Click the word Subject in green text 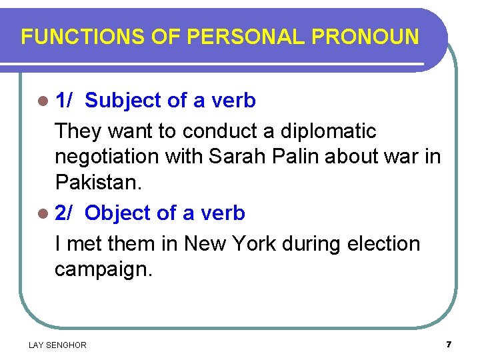tap(123, 101)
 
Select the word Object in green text tap(118, 213)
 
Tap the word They tap(80, 131)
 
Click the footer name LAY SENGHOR tap(57, 345)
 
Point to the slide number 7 tap(449, 344)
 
